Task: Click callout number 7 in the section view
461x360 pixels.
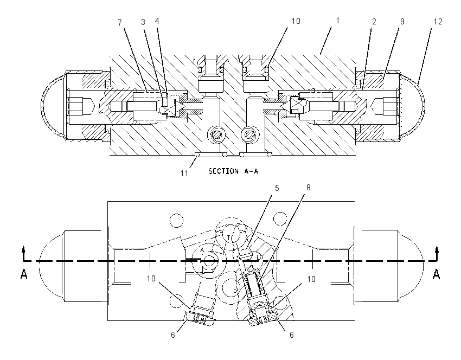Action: click(120, 23)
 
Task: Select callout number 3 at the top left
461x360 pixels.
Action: click(143, 22)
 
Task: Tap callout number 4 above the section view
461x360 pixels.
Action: click(157, 21)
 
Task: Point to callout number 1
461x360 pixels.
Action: click(338, 21)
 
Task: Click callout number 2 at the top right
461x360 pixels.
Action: click(374, 22)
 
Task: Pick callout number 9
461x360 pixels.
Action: click(402, 22)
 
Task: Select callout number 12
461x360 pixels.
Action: click(438, 22)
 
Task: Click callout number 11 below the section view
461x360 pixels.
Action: click(184, 173)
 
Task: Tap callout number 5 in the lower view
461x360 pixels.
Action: click(277, 188)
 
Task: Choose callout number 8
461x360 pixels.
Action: click(309, 188)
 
